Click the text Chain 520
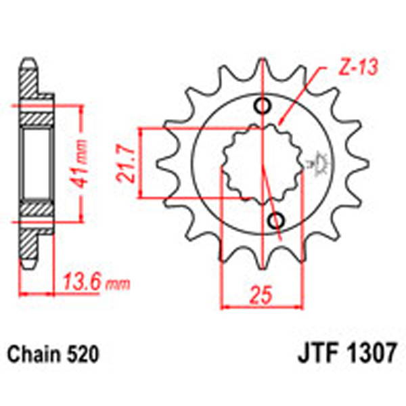click(53, 354)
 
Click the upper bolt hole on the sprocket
click(262, 106)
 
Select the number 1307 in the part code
click(370, 354)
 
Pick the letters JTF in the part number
click(315, 354)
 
